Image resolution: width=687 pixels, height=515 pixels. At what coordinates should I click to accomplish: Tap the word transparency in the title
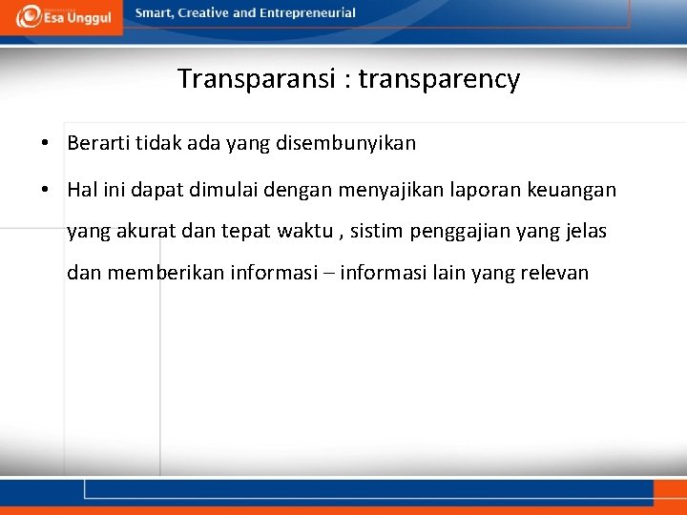click(440, 79)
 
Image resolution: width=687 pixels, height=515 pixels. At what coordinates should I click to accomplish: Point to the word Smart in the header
click(154, 13)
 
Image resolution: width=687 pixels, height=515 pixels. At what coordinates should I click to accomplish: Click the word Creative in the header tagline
click(204, 13)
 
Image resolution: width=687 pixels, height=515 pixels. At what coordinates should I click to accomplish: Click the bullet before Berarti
click(46, 144)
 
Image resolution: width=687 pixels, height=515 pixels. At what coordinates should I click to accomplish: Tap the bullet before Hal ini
click(46, 190)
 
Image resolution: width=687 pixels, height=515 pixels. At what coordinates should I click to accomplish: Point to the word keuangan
click(577, 190)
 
